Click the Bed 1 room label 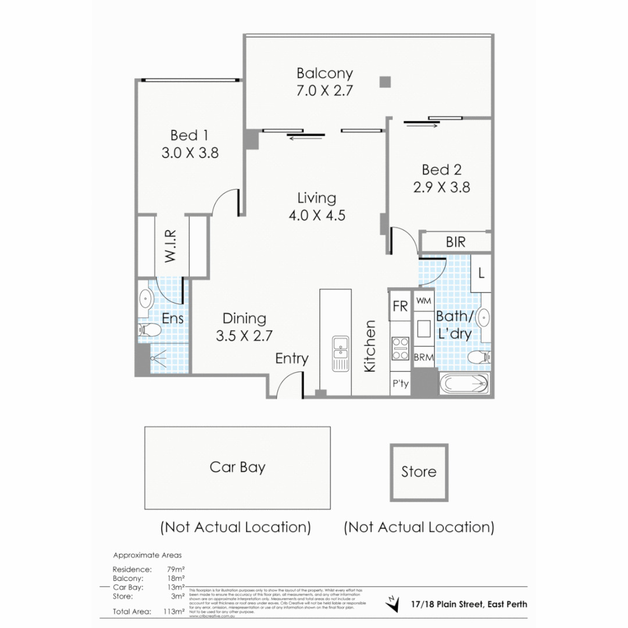189,135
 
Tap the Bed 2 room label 441,170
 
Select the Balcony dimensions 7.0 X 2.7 324,91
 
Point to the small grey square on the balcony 384,82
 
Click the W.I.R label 170,245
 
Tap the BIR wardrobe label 456,242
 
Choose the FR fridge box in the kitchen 400,306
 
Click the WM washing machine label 423,301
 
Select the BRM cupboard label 423,358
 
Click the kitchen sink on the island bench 340,353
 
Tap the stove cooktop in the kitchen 400,348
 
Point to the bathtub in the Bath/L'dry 465,384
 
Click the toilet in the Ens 150,330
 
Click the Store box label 419,472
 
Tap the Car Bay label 237,467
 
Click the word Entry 292,359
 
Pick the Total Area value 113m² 175,611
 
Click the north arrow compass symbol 393,604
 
